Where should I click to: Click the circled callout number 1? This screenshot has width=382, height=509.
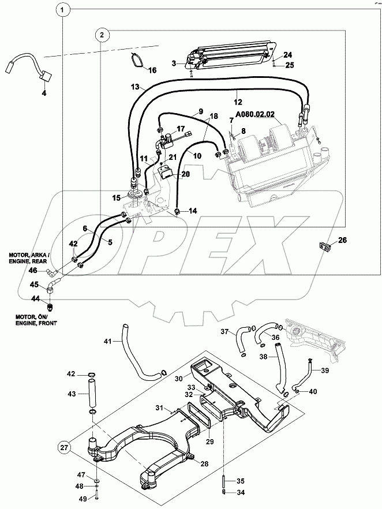tap(64, 10)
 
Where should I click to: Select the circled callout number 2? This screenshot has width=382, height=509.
tap(102, 35)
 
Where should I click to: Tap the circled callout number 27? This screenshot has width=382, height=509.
tap(64, 447)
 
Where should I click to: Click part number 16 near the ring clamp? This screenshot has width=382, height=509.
tap(152, 70)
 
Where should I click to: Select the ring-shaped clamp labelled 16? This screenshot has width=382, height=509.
tap(136, 60)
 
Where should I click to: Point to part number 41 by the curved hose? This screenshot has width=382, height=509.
tap(107, 342)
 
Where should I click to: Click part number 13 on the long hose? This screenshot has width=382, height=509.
tap(134, 87)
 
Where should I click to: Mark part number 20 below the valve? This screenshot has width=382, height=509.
tap(185, 173)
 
